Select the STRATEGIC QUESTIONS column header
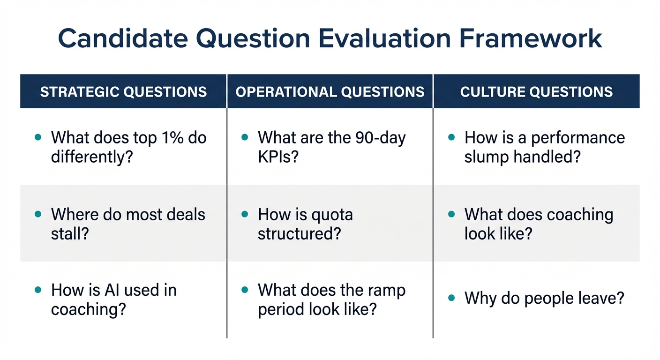(123, 91)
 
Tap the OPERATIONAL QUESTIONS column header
(330, 91)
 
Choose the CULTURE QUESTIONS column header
(536, 91)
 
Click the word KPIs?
(278, 157)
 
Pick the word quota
(333, 215)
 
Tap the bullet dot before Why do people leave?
(451, 298)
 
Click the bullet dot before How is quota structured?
(245, 214)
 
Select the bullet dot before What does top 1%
(38, 137)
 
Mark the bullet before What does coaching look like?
(451, 214)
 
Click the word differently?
(92, 157)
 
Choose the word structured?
(299, 233)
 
